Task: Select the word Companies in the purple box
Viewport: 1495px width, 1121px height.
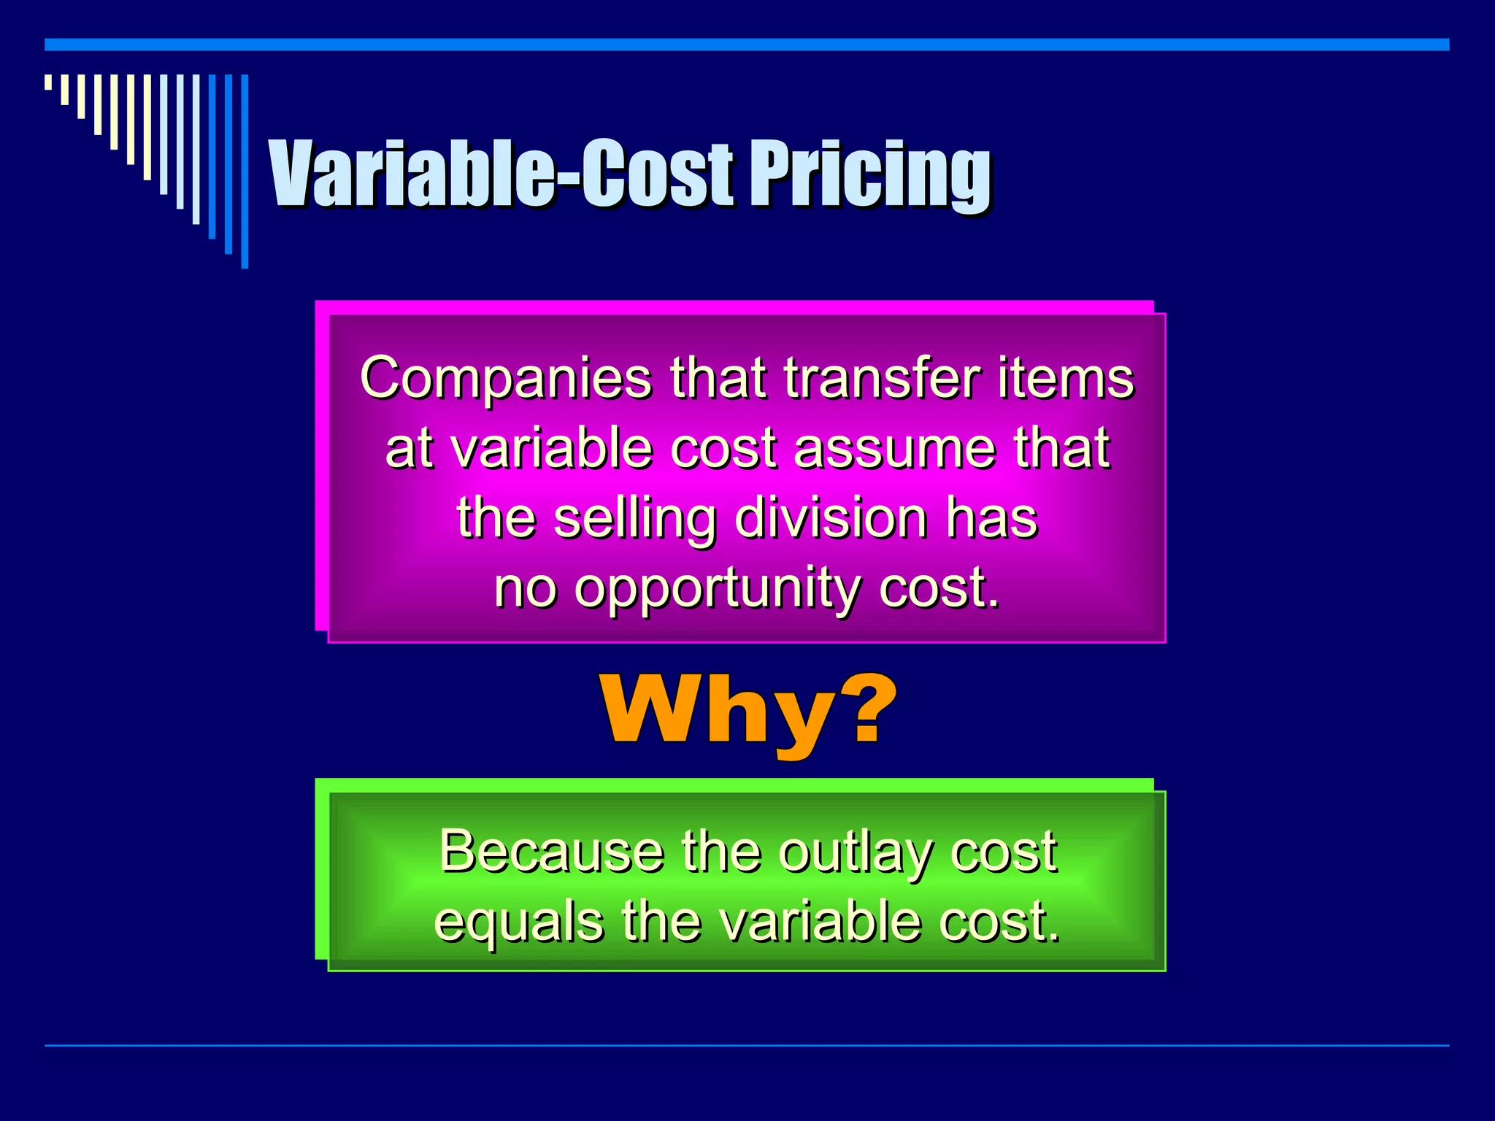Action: click(x=506, y=379)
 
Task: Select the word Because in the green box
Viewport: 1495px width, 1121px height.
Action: click(x=551, y=851)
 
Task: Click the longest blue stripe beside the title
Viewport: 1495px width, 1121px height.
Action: click(x=245, y=172)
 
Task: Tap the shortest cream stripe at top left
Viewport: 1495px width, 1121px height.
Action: click(x=48, y=82)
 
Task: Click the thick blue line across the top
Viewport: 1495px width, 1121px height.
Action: click(x=747, y=45)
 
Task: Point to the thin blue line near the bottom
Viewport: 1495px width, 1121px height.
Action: click(x=747, y=1045)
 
